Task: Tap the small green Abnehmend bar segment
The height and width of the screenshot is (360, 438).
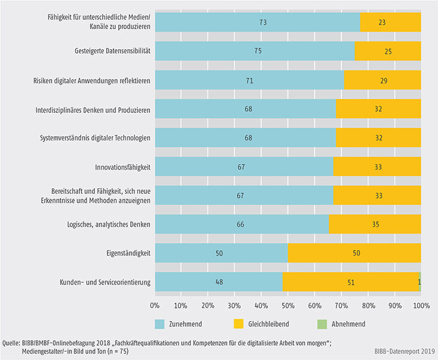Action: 420,281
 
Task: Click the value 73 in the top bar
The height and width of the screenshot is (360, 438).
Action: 257,22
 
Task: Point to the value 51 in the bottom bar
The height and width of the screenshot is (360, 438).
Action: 350,281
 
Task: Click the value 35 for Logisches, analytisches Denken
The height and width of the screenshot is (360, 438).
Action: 374,224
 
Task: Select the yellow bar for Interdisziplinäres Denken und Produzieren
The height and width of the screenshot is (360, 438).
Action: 378,109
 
